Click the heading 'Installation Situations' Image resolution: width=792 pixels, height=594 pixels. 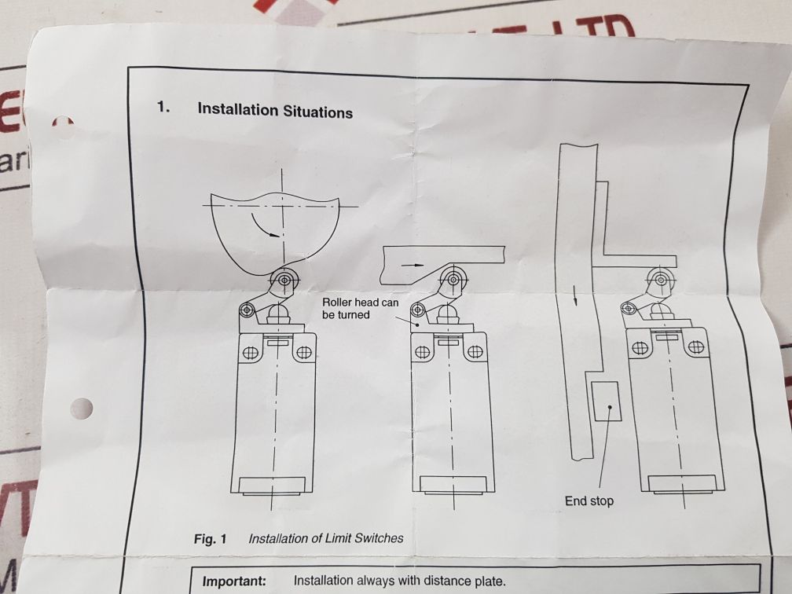point(275,111)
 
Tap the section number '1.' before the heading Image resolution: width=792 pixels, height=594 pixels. point(163,107)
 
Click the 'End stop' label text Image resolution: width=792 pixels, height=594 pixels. point(589,500)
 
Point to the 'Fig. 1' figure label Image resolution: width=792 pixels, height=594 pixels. point(210,539)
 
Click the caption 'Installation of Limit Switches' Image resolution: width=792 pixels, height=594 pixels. point(325,538)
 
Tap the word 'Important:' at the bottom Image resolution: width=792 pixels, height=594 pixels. point(234,581)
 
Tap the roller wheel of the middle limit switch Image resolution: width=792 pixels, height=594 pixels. point(452,277)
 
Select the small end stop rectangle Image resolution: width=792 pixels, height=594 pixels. point(606,401)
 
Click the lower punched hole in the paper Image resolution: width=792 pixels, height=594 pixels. point(80,408)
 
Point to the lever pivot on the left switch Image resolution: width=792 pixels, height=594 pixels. point(247,310)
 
